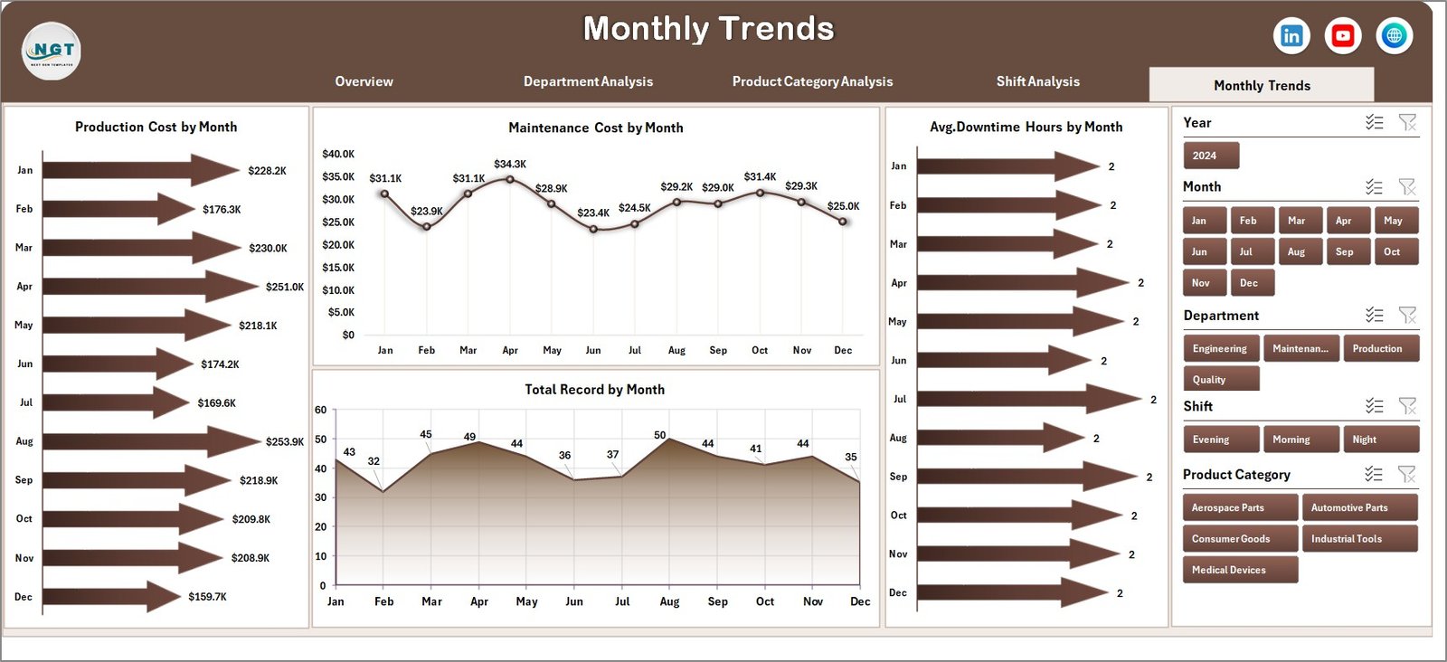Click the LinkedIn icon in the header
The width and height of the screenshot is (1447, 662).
click(x=1291, y=35)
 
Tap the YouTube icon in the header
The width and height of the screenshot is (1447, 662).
click(x=1343, y=35)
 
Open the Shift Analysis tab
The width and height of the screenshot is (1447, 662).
click(x=1037, y=81)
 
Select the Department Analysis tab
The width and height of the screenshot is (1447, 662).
click(x=588, y=81)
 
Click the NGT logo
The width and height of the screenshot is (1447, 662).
click(x=52, y=51)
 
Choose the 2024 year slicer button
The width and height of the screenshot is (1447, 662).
click(x=1210, y=156)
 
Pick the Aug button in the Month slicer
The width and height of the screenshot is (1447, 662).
click(x=1296, y=251)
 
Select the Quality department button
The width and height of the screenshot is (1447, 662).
click(x=1220, y=379)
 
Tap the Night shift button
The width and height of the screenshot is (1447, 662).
click(x=1379, y=440)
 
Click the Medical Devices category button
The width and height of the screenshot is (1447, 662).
click(x=1239, y=570)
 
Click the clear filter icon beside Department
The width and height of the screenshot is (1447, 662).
click(x=1407, y=315)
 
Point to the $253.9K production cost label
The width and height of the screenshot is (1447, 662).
click(x=285, y=442)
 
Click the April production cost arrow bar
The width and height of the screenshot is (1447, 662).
click(x=149, y=286)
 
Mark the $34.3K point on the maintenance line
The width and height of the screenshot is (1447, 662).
click(x=510, y=179)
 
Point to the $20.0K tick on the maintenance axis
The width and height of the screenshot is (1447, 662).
click(x=338, y=245)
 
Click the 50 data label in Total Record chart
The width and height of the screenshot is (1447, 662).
click(x=660, y=435)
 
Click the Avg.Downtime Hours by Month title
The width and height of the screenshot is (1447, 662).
click(x=1026, y=128)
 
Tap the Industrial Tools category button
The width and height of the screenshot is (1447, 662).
click(x=1358, y=538)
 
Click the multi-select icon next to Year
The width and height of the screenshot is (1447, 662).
click(x=1374, y=122)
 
